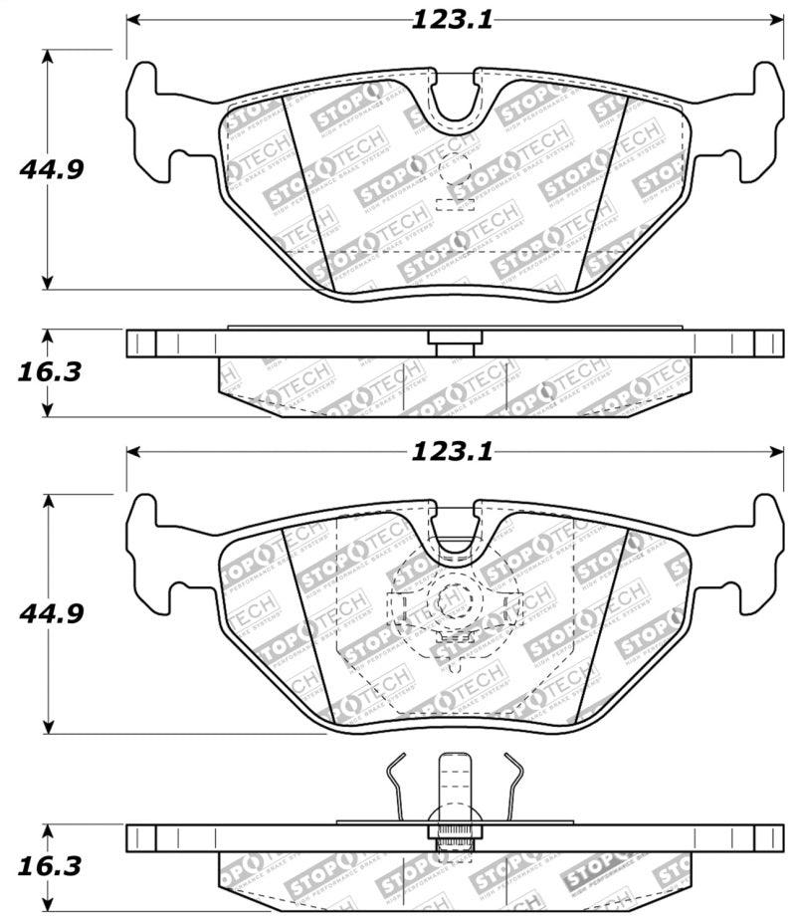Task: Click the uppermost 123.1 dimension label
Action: (452, 20)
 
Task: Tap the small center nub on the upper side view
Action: (455, 340)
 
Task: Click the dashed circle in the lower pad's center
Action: (455, 603)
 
